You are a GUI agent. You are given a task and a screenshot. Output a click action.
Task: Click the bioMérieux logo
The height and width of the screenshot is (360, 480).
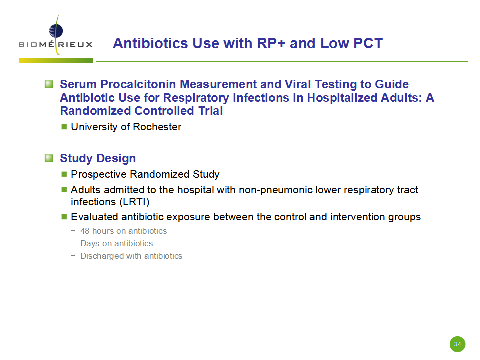click(x=55, y=35)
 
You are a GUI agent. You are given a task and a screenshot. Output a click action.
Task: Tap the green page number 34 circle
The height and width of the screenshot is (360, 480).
click(x=457, y=344)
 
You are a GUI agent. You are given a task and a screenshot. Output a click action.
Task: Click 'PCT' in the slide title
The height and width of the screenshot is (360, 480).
click(x=368, y=43)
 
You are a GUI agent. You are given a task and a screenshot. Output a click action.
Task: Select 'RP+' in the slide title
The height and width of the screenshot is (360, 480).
click(x=271, y=43)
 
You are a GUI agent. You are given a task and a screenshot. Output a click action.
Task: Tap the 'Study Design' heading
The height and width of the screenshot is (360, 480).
click(x=98, y=158)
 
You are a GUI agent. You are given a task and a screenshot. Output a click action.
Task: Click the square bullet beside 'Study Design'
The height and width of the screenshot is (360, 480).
click(x=49, y=158)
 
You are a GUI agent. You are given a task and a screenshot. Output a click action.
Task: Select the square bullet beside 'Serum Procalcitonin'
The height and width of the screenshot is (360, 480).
click(x=49, y=84)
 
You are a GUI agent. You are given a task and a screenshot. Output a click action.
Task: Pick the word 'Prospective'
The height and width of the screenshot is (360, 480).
click(x=99, y=174)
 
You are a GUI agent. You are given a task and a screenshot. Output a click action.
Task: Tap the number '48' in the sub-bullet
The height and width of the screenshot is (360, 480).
click(x=85, y=231)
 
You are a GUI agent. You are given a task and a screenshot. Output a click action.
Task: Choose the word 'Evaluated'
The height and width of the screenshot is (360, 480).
click(x=95, y=217)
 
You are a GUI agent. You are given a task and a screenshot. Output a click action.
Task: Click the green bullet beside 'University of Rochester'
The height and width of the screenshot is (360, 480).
click(x=64, y=126)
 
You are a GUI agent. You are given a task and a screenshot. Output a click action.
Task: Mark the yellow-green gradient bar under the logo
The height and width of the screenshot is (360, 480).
click(x=56, y=60)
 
